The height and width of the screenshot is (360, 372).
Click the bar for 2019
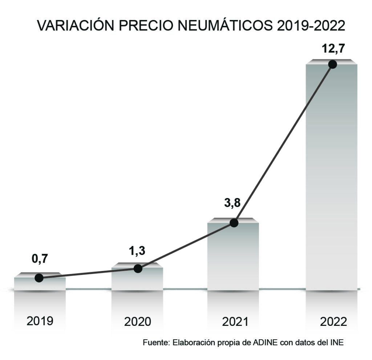(40, 284)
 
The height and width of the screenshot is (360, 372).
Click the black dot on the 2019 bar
(39, 278)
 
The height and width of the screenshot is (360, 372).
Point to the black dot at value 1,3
(138, 268)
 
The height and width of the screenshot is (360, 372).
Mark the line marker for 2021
(234, 223)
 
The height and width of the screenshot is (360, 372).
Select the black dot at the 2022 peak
(332, 64)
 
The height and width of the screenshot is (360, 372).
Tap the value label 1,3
(137, 251)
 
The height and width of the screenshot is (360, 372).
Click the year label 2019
(40, 321)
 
